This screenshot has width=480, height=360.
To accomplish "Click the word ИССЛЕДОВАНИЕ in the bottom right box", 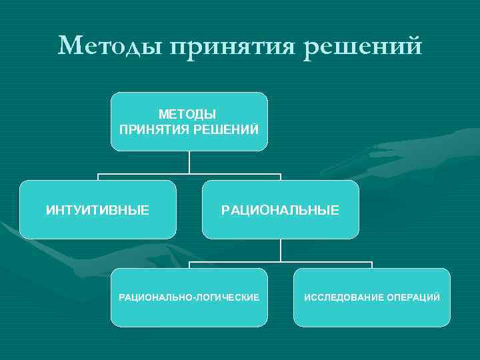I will point(343,297).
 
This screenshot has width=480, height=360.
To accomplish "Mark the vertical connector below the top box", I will point(189,162).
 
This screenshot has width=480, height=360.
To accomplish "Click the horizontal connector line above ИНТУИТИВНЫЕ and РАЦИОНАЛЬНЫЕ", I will point(189,174).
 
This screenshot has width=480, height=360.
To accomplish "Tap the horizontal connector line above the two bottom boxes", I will point(281,261).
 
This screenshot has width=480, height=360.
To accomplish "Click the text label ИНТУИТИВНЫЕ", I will point(97,210).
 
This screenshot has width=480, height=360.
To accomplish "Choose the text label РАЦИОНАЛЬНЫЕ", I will point(280,210).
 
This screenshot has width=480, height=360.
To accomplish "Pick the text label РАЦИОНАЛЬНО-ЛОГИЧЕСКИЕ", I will point(189,297).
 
